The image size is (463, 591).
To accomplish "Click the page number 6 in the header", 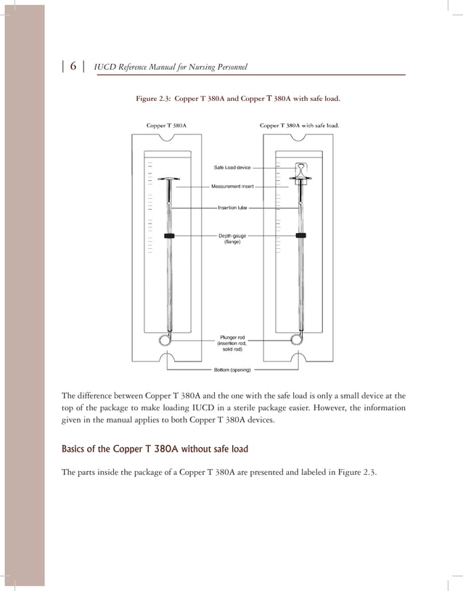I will point(73,67).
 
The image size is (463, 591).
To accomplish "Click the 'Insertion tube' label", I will point(232,208).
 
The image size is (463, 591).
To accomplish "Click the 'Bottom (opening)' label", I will point(232,370).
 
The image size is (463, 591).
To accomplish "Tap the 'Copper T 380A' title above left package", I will point(166,126).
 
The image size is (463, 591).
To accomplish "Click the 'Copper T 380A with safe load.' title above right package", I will point(299,126).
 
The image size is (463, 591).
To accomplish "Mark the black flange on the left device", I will point(168,236).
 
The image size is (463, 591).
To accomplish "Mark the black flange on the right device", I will point(300,235).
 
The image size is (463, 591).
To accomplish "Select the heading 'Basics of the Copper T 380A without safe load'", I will point(155,449).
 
